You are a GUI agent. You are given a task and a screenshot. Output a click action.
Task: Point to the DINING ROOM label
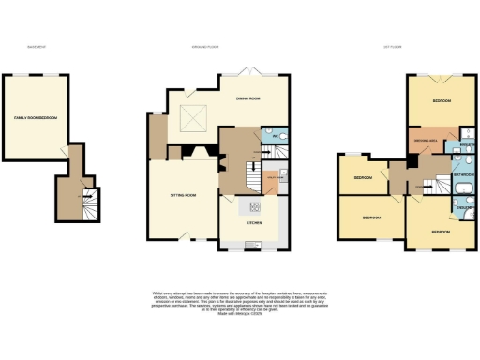[247, 98]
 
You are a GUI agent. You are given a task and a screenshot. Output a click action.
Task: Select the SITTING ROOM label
[182, 195]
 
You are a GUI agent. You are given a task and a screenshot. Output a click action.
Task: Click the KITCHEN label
[253, 223]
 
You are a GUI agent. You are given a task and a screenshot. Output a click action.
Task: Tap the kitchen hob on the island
[253, 206]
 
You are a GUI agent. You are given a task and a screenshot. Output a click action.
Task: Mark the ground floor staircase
[252, 174]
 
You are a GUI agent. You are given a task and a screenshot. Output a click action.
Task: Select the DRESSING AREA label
[425, 142]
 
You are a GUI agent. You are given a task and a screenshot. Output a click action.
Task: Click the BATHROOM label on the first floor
[463, 174]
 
